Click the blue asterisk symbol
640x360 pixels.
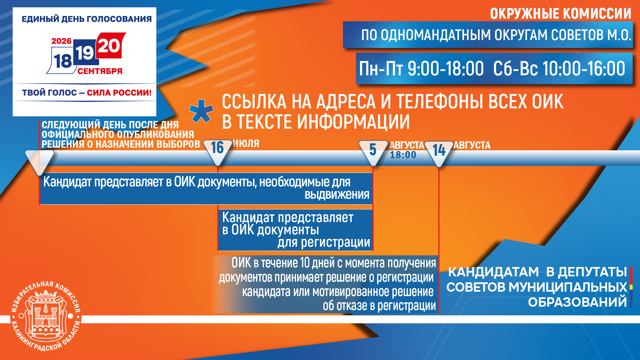pos(201,111)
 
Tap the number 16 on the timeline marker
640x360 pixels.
pos(217,148)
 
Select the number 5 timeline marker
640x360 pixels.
pos(373,150)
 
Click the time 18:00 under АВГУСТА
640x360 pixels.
pos(403,155)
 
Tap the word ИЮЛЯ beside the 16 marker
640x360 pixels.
pos(246,144)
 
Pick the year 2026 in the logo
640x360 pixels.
pos(61,41)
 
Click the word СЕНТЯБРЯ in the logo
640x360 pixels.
pos(100,71)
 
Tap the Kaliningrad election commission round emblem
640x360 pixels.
pos(46,316)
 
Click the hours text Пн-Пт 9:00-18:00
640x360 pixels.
pos(421,69)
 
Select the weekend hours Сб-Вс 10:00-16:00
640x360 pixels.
pos(559,69)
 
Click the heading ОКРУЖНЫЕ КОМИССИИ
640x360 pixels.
pos(561,14)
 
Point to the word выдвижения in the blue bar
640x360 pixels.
pos(337,194)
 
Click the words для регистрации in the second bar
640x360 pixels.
pos(324,242)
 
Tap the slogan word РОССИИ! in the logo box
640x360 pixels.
pos(135,93)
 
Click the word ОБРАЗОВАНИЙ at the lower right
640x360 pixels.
pos(578,302)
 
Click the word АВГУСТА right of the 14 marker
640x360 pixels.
pos(472,145)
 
